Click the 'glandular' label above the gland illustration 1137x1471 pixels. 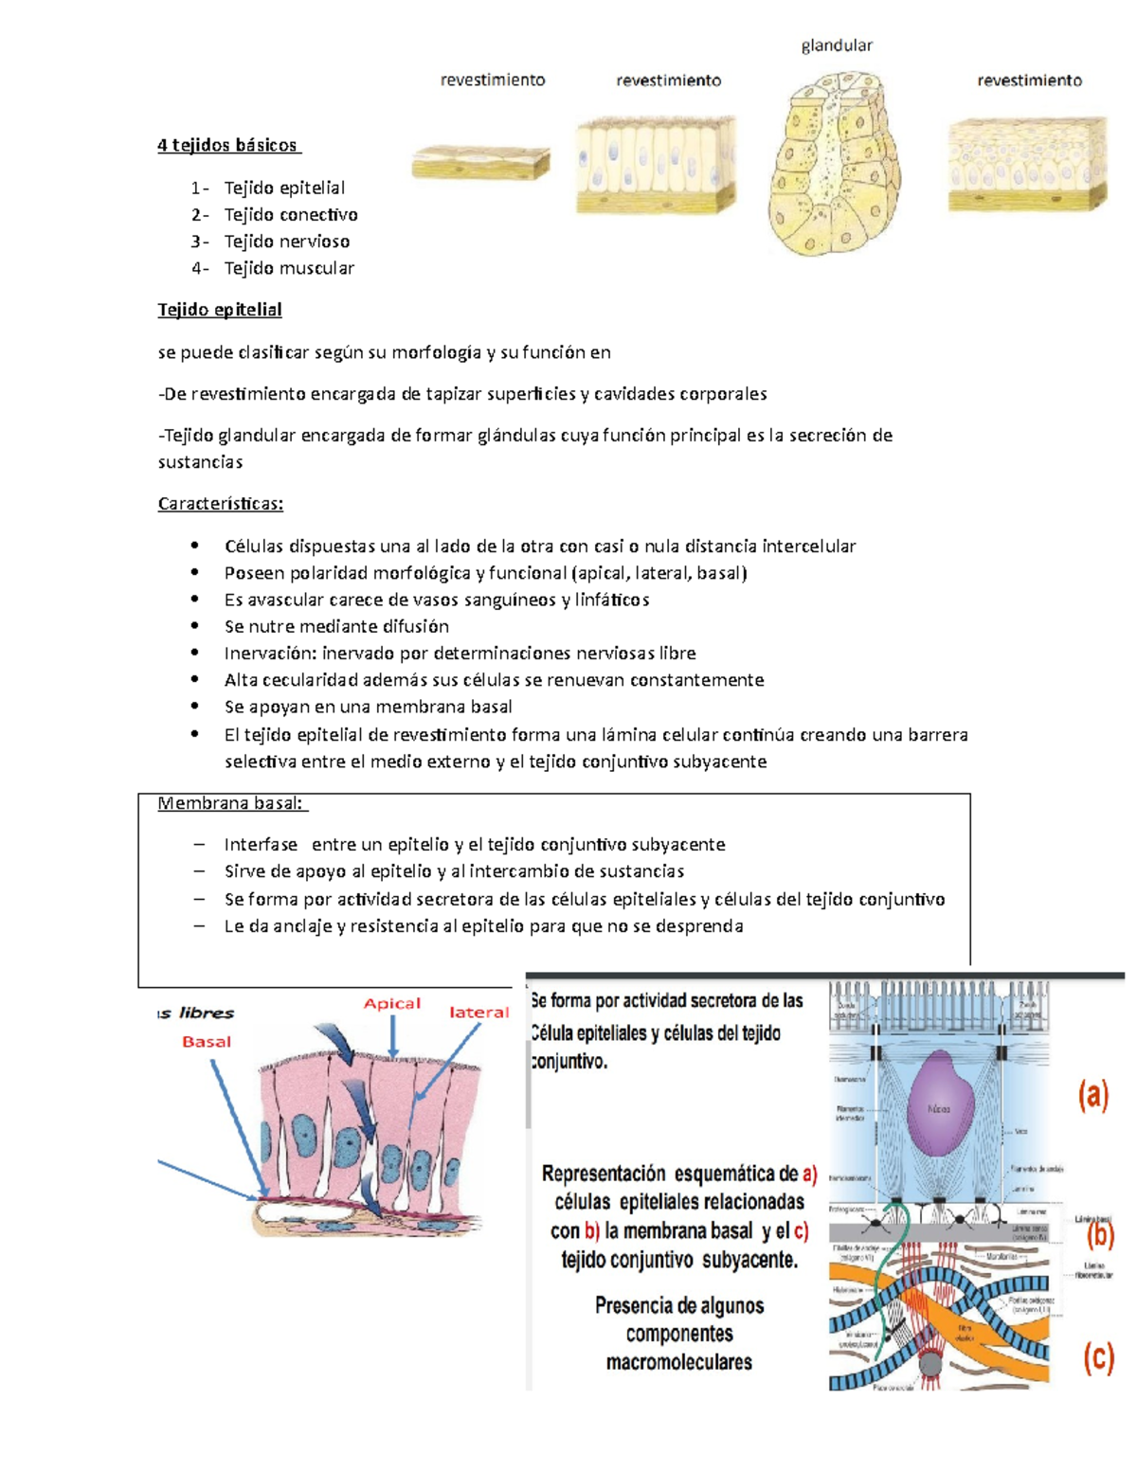click(837, 45)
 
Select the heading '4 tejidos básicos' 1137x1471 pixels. click(227, 145)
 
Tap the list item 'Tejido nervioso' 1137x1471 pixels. click(286, 242)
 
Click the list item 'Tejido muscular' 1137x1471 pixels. click(289, 268)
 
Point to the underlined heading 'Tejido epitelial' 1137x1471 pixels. click(220, 310)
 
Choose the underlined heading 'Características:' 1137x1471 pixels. click(220, 504)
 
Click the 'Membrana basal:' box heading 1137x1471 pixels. click(230, 803)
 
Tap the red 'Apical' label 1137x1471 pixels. click(392, 1004)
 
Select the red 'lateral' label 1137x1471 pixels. click(478, 1013)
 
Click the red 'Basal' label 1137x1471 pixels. click(207, 1042)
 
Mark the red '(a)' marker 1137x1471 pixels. click(1092, 1096)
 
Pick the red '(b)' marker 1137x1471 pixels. click(1099, 1235)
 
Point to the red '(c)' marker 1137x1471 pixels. click(1098, 1359)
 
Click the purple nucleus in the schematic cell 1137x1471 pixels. click(938, 1106)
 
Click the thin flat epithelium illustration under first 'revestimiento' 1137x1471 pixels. click(481, 164)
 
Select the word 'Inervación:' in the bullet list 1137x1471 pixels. click(270, 654)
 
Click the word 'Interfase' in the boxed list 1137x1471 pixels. click(261, 845)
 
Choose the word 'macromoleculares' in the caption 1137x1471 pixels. click(678, 1363)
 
